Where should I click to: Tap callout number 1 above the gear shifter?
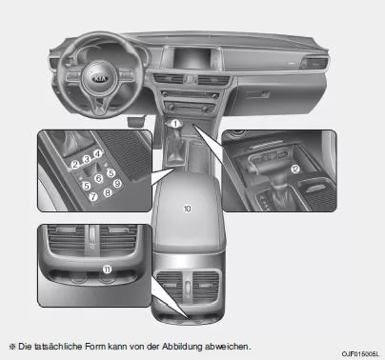[x=177, y=124]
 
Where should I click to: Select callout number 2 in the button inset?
[x=74, y=164]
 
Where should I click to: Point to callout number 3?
[x=87, y=158]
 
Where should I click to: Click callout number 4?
[x=98, y=152]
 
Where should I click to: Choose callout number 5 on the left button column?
[x=86, y=185]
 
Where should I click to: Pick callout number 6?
[x=99, y=178]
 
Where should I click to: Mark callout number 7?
[x=92, y=198]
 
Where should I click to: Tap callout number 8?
[x=107, y=191]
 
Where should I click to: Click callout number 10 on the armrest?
[x=188, y=207]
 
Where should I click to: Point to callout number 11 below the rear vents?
[x=107, y=270]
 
